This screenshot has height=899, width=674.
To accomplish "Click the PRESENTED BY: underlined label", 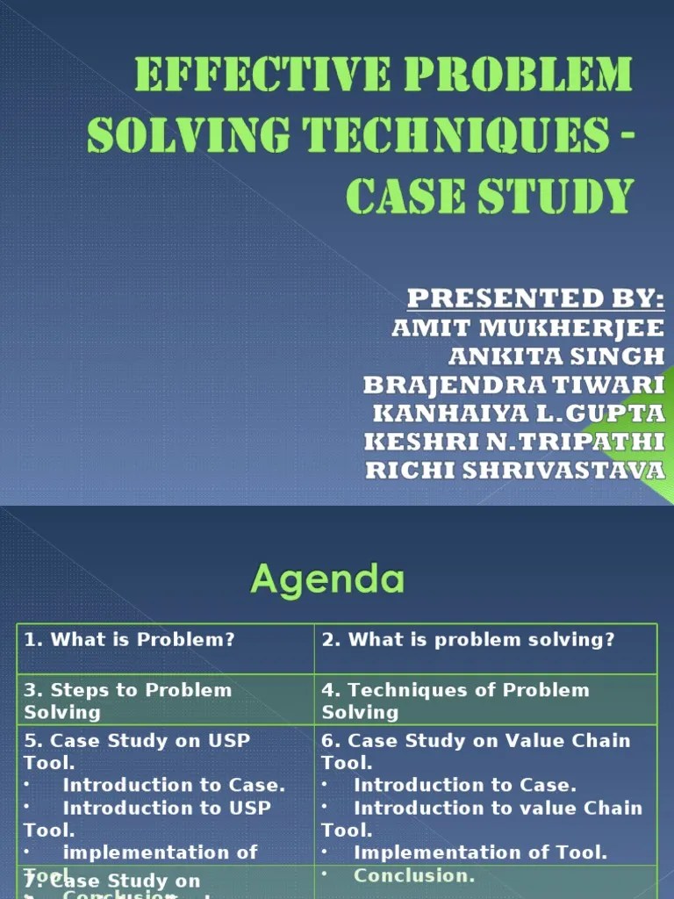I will (535, 298).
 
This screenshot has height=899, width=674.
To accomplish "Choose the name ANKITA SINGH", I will (556, 356).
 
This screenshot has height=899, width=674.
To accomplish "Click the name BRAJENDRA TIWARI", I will (514, 385).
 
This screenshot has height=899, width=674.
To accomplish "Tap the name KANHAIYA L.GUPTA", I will (519, 413).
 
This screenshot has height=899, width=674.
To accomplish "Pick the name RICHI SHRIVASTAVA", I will (515, 470).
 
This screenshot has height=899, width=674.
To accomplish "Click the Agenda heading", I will (328, 579).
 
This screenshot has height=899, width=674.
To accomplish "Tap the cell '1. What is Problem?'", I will (130, 640).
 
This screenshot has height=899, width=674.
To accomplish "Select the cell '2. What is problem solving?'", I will (469, 640).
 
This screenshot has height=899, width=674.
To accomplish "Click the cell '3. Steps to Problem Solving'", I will (128, 701).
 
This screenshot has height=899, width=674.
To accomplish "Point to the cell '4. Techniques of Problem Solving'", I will (455, 701).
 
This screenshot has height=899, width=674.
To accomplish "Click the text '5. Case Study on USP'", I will (137, 740).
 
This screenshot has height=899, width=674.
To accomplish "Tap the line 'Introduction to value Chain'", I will (498, 808).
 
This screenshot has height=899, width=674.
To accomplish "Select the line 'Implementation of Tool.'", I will (480, 852).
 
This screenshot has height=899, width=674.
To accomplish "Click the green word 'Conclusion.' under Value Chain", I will (414, 875).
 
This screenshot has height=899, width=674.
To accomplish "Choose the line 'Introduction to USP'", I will (167, 808).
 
